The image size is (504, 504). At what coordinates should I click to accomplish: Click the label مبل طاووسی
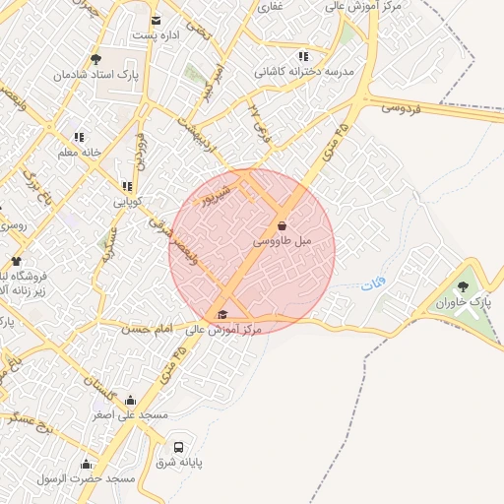click(283, 241)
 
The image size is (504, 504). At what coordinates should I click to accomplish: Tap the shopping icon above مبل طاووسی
click(283, 226)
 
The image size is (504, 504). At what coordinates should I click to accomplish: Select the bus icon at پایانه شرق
click(178, 446)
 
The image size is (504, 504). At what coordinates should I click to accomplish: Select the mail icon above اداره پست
click(156, 21)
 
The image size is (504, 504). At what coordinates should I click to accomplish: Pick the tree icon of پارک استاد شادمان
click(94, 60)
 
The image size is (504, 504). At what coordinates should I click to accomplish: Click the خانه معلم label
click(79, 152)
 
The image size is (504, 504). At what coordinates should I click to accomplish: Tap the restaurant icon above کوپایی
click(126, 186)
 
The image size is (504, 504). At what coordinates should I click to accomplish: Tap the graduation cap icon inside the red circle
click(222, 315)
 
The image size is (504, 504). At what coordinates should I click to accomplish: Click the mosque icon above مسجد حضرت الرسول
click(86, 465)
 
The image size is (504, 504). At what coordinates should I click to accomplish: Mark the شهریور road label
click(217, 194)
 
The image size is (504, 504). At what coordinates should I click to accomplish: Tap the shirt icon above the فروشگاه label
click(16, 262)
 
